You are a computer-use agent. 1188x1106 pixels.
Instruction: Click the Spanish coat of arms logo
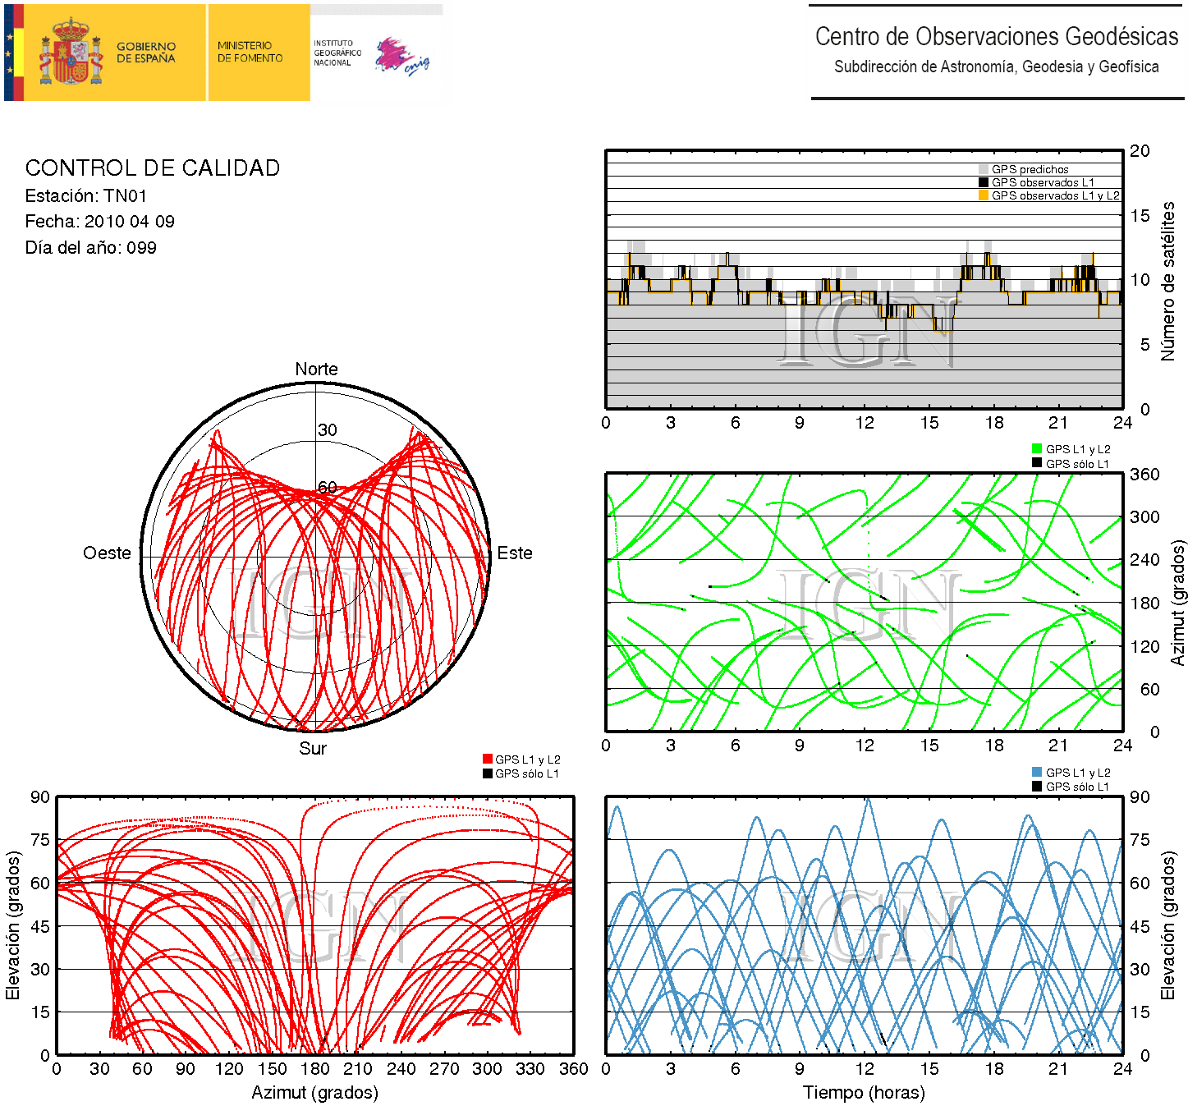coord(71,53)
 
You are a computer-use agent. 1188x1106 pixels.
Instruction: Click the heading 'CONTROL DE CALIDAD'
coord(153,168)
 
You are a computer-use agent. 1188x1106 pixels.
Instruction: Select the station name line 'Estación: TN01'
coord(86,196)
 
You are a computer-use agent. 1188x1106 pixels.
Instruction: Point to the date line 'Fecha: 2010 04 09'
coord(99,222)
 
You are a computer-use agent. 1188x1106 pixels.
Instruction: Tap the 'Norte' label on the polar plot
coord(316,369)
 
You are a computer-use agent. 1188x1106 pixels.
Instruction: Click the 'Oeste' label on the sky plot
coord(107,553)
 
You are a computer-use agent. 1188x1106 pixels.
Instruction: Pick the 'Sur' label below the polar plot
coord(313,749)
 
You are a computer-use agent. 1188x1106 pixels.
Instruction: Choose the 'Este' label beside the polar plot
coord(515,553)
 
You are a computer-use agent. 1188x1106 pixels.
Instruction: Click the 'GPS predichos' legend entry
coord(1030,169)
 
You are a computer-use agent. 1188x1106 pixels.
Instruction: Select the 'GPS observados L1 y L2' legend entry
coord(1055,195)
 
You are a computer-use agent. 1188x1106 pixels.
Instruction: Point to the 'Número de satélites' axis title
coord(1167,281)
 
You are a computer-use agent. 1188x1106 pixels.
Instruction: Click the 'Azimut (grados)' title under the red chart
coord(314,1093)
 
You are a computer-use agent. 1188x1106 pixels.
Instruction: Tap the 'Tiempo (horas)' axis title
coord(864,1093)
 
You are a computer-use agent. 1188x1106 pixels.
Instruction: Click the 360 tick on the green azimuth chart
coord(1144,475)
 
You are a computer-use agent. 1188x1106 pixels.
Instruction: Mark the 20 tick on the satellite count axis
coord(1140,151)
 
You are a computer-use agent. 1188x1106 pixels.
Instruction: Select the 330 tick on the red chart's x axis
coord(530,1069)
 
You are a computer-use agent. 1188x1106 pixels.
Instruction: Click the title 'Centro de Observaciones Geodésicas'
coord(996,37)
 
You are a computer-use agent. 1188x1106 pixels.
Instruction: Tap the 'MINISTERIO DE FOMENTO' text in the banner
coord(250,53)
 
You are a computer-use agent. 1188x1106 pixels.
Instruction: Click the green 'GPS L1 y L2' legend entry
coord(1077,449)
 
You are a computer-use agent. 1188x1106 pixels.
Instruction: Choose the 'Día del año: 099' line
coord(90,248)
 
